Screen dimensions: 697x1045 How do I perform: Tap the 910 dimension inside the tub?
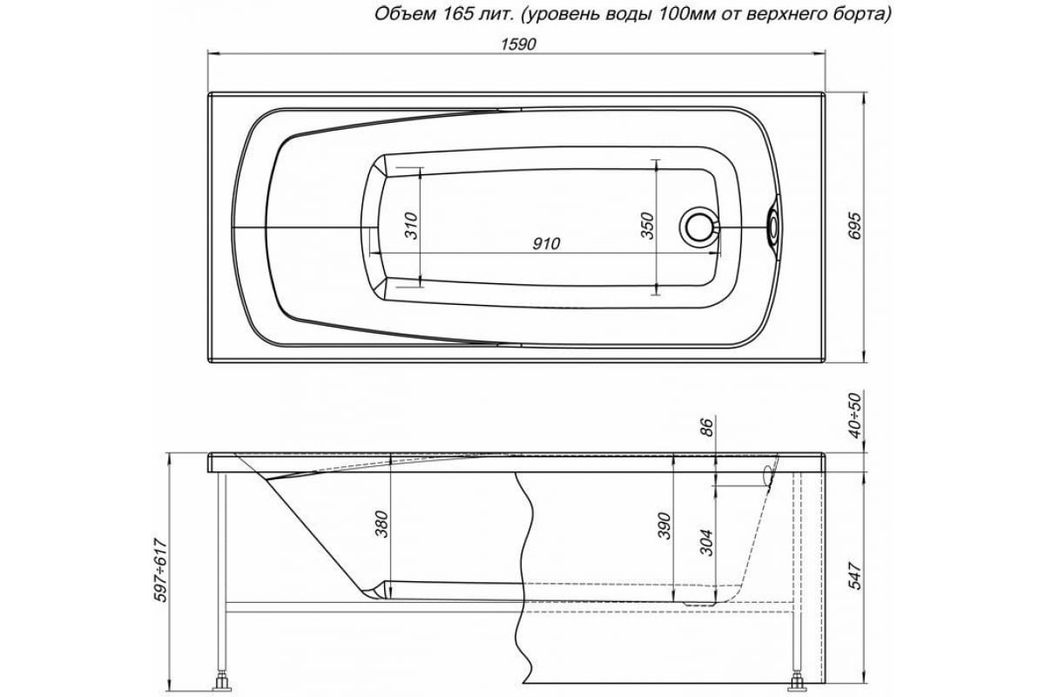pyautogui.click(x=545, y=245)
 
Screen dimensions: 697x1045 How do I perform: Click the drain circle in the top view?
pyautogui.click(x=698, y=226)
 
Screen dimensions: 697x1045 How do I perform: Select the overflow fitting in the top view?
pyautogui.click(x=772, y=226)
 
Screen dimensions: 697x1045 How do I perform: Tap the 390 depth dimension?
pyautogui.click(x=663, y=526)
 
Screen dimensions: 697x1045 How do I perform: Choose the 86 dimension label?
pyautogui.click(x=707, y=427)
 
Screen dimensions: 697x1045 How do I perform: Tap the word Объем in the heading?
pyautogui.click(x=399, y=13)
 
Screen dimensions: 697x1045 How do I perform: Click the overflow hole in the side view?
pyautogui.click(x=767, y=475)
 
